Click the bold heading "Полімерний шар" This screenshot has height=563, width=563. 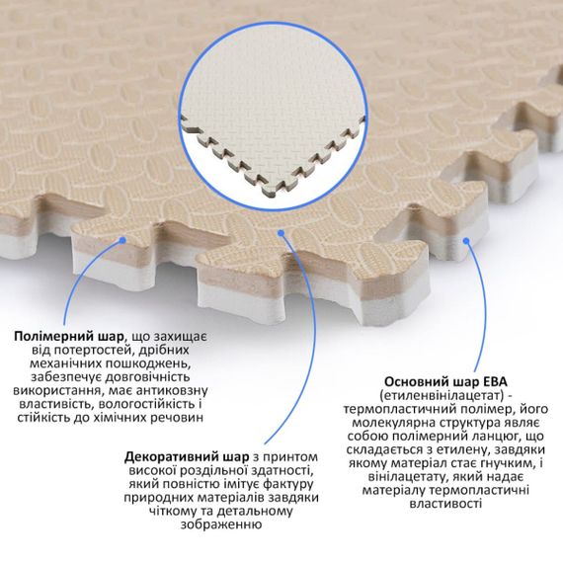click(x=68, y=337)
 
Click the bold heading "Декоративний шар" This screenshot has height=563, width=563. click(x=187, y=457)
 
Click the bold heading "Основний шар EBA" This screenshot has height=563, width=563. click(x=445, y=381)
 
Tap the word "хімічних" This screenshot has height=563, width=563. click(x=119, y=418)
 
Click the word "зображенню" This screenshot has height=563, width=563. click(x=221, y=524)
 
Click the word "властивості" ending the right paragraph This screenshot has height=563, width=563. click(x=445, y=504)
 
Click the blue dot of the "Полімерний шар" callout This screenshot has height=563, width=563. click(x=122, y=240)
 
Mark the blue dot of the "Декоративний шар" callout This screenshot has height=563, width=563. click(x=281, y=233)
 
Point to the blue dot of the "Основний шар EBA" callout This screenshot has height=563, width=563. click(x=466, y=241)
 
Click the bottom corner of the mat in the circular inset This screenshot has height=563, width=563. click(x=270, y=198)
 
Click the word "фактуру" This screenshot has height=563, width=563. click(x=288, y=484)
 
